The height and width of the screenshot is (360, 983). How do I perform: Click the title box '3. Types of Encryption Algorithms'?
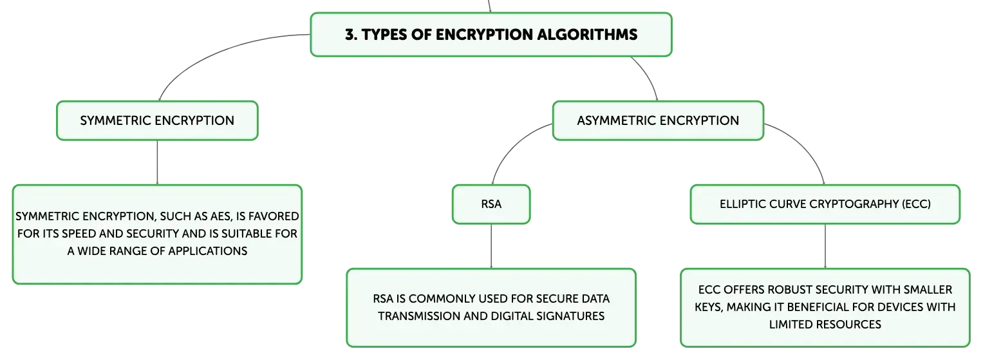(x=491, y=34)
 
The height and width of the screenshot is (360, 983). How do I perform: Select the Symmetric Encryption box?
(x=157, y=120)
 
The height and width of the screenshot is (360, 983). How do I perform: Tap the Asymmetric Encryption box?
(x=658, y=120)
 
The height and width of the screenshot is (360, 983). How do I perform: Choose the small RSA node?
(x=491, y=204)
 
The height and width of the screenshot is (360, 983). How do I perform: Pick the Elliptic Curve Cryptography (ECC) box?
(x=825, y=204)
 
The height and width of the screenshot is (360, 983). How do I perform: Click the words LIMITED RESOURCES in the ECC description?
(x=825, y=325)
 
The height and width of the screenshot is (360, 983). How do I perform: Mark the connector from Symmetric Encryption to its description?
(x=157, y=162)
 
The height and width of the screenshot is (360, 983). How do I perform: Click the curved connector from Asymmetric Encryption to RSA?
(x=511, y=147)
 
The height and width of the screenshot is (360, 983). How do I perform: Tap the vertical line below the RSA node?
(x=491, y=246)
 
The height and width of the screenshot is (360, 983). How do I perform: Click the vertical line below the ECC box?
(x=825, y=246)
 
